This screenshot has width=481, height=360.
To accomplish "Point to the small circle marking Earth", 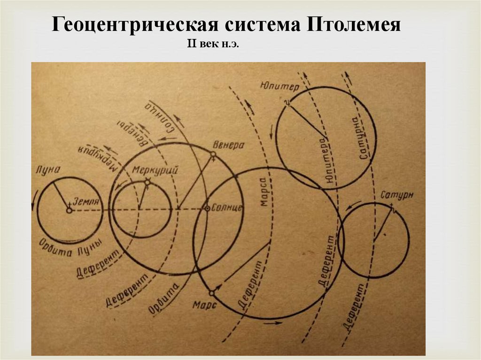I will [69, 211].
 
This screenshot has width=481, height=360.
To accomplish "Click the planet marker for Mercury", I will [147, 182].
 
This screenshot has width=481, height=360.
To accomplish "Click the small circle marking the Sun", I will [206, 208].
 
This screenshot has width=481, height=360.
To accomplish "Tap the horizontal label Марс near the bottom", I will [204, 305].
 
